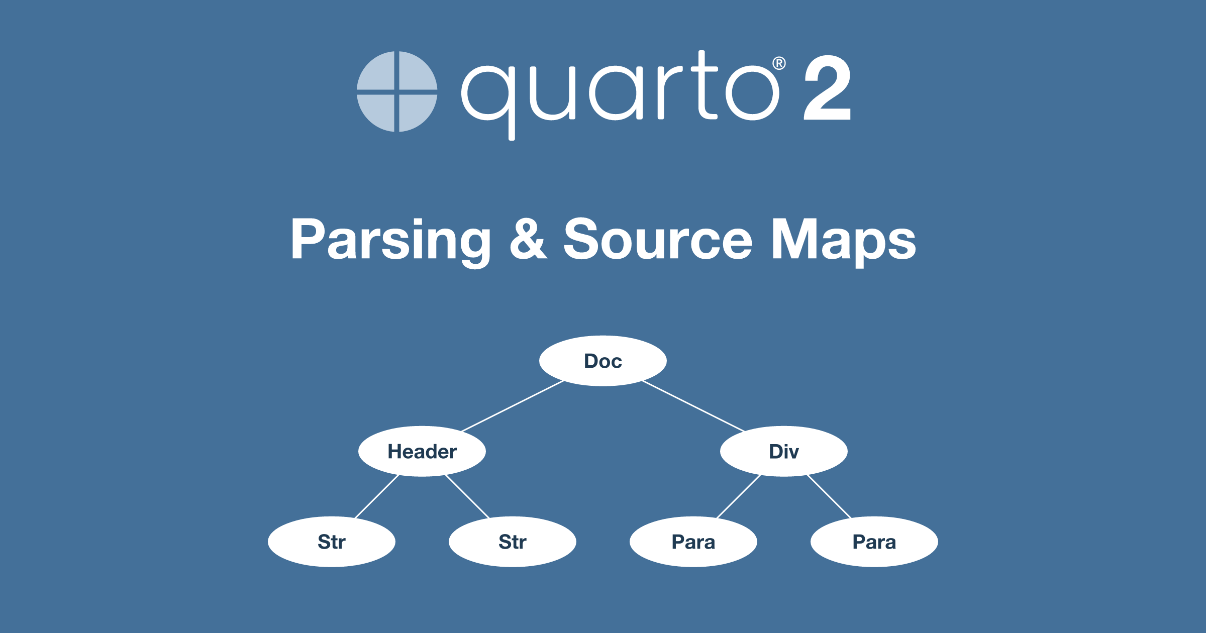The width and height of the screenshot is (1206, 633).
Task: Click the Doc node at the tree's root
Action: tap(603, 361)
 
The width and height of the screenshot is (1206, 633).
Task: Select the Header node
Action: tap(422, 451)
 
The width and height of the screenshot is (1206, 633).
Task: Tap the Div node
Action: tap(784, 451)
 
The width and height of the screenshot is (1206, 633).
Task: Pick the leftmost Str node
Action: tap(332, 542)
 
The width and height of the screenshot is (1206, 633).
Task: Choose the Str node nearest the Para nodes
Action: tap(513, 542)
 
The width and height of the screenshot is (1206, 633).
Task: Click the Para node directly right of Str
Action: tap(693, 542)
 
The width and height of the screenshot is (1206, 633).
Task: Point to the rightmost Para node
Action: tap(874, 542)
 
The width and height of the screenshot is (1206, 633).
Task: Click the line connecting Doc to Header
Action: tap(513, 406)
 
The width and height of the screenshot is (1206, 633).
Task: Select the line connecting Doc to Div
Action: tap(693, 406)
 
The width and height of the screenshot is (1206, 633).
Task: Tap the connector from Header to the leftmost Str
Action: tap(377, 496)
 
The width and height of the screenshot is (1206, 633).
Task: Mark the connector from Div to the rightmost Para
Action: tap(829, 496)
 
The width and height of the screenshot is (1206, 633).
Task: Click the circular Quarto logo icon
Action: tap(397, 91)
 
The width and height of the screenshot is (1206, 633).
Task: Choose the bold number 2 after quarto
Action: tap(828, 87)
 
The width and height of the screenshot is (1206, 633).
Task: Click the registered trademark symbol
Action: tap(779, 63)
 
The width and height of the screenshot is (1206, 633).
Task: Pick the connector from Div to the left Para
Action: tap(739, 496)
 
